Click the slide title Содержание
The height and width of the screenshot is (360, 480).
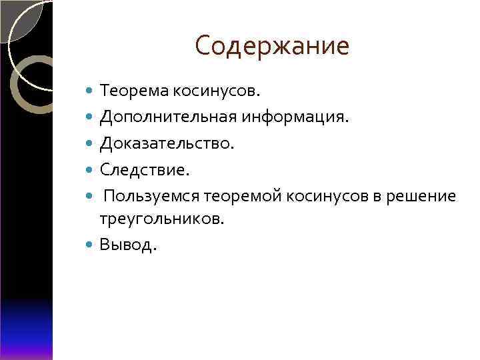(x=272, y=46)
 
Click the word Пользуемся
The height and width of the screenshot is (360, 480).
(x=153, y=197)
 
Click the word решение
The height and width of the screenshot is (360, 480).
(x=424, y=197)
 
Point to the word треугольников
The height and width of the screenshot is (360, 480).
(x=162, y=219)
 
